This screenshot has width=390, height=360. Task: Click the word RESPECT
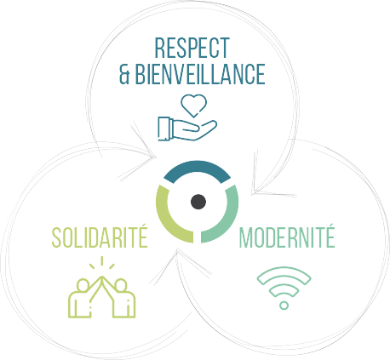coord(192,48)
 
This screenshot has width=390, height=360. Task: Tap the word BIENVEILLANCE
coord(200,74)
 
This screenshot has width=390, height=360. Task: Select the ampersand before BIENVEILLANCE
coord(124,74)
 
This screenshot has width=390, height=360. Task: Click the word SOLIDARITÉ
coord(100,237)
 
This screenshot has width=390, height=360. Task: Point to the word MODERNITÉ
coord(287,237)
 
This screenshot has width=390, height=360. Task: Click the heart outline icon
coord(194,106)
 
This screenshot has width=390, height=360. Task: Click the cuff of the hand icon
coord(165,129)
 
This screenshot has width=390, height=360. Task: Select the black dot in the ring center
coord(198,202)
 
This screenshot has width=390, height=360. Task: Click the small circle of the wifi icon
coord(284,306)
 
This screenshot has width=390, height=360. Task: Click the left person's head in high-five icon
coord(83,285)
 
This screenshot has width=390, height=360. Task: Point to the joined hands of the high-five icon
coord(101,278)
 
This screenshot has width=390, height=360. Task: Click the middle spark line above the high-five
coord(101,261)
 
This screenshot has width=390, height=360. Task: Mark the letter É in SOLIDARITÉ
coord(143,237)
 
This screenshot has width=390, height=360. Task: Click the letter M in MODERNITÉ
coord(246,238)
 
